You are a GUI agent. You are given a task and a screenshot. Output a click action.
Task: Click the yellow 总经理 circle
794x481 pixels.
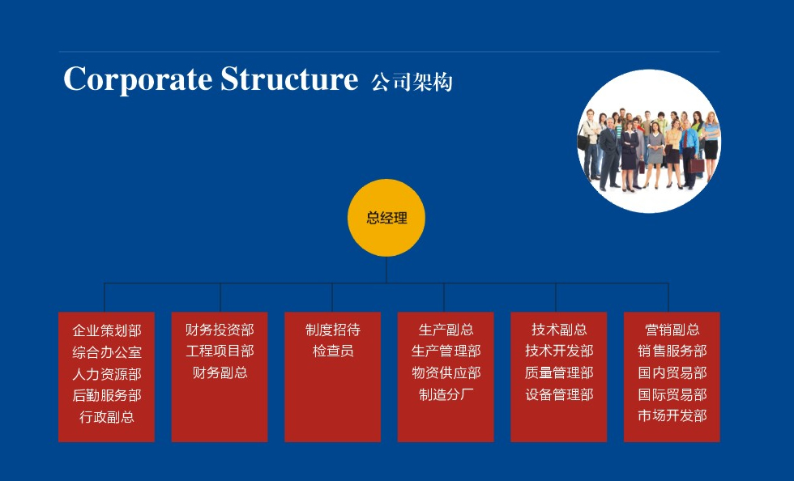point(386,218)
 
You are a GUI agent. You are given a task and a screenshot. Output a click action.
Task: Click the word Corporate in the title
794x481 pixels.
point(138,79)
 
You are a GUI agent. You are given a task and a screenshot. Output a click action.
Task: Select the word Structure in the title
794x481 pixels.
point(289,79)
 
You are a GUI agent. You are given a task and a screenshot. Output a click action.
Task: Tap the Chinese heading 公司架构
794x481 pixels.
point(412,82)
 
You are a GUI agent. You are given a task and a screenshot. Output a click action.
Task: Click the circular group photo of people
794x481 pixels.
point(649,141)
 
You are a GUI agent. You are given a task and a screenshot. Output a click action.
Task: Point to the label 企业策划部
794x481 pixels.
point(107,330)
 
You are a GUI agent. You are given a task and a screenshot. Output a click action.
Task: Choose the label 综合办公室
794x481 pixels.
point(107,352)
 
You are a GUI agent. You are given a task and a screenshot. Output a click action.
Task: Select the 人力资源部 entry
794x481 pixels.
point(107,374)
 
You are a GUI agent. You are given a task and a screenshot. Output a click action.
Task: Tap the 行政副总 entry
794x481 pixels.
point(107,417)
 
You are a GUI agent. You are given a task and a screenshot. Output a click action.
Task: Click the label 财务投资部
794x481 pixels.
point(220,330)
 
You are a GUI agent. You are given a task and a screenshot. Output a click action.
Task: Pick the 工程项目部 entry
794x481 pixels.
point(220,351)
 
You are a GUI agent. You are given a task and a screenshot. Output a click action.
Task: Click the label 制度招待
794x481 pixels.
point(333,330)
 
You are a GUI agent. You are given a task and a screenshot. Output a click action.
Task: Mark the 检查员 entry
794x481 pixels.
point(333,351)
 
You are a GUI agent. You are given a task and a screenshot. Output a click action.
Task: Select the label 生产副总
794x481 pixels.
point(446,330)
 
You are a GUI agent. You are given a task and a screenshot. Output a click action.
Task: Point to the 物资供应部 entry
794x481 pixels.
point(446,373)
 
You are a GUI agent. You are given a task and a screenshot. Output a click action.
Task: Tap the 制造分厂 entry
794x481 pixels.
point(446,395)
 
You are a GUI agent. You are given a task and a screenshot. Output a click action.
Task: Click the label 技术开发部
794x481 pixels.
point(559,351)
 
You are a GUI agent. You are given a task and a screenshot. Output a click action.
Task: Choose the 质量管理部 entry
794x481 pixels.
point(559,373)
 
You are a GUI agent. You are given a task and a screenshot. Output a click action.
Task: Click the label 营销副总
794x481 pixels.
point(672,330)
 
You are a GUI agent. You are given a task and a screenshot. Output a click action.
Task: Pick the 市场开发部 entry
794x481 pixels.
point(672,416)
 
